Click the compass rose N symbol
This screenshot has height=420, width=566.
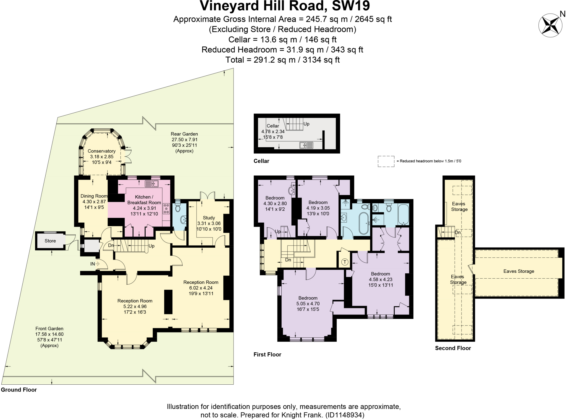(x=550, y=25)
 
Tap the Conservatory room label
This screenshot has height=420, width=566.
(x=101, y=151)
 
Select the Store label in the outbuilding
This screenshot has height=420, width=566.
(x=50, y=241)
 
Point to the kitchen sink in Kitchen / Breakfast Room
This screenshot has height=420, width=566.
(x=151, y=183)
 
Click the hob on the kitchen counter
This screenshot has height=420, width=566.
(x=166, y=208)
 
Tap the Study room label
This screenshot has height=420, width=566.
(x=209, y=218)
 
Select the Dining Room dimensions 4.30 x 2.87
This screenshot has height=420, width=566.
(x=94, y=202)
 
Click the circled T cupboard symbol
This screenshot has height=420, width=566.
(x=345, y=262)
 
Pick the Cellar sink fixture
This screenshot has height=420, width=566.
(x=306, y=145)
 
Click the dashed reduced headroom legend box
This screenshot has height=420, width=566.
(x=386, y=161)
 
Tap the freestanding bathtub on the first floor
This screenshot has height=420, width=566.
(x=364, y=223)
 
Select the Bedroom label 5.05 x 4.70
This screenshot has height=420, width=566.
(x=308, y=298)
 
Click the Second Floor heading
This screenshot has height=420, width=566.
(x=453, y=348)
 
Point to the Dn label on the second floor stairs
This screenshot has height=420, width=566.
(x=458, y=233)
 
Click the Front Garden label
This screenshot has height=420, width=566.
(x=49, y=329)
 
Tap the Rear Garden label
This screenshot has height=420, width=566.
(x=184, y=134)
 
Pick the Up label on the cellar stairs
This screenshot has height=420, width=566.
(x=306, y=124)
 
